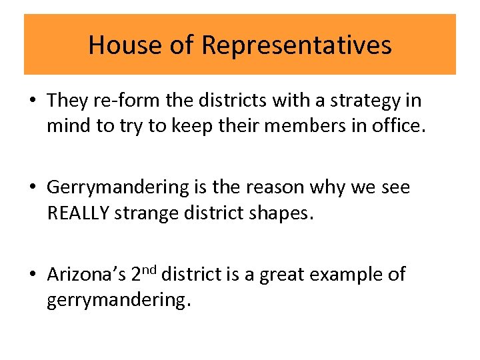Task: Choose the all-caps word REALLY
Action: (x=80, y=213)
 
